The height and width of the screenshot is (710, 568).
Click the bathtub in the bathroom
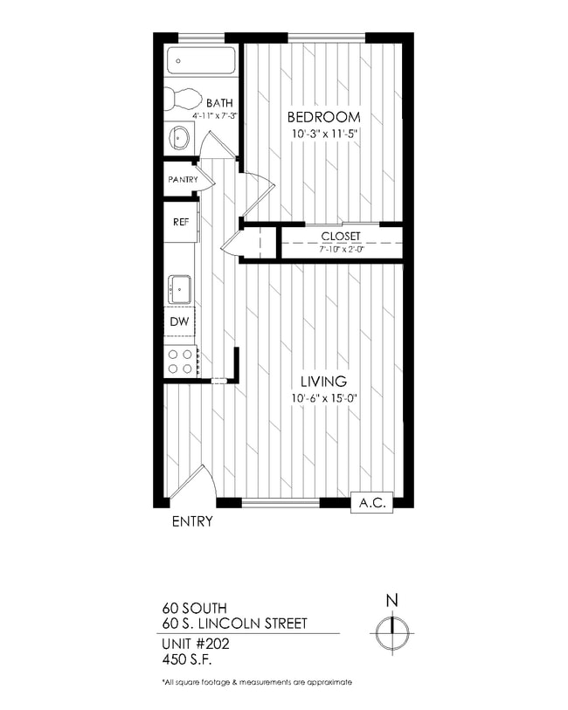pos(202,61)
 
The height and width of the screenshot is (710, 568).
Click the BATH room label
pos(219,103)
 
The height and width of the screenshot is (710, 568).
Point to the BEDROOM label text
pos(325,117)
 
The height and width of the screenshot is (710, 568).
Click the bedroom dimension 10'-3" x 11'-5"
pos(325,134)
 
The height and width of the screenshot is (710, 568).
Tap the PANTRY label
pos(184,181)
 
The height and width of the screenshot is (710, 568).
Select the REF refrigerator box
pos(182,222)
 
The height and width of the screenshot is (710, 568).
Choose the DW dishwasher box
pos(180,322)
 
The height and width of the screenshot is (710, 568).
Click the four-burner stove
pos(181,362)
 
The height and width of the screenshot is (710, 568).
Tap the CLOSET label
pos(341,237)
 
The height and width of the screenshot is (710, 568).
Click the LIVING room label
pos(324,382)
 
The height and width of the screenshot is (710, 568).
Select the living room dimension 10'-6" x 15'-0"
pos(324,398)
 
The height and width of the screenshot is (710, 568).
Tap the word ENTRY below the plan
pos(192,522)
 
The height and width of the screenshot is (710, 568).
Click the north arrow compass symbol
pos(392,630)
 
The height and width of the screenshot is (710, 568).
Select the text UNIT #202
pos(195,643)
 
